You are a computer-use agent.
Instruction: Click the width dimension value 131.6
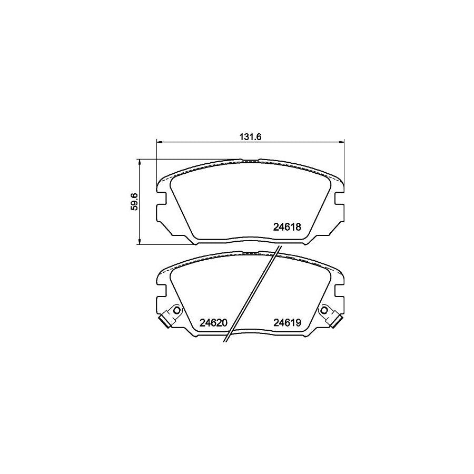tap(251, 136)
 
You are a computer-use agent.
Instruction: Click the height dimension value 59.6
tap(134, 202)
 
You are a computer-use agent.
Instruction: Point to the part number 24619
tap(287, 323)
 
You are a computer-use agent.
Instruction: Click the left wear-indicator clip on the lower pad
tap(168, 318)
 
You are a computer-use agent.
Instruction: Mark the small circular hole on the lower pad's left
tap(177, 310)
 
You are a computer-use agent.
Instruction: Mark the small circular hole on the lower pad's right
tap(324, 310)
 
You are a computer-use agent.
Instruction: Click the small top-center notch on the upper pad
tap(250, 160)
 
